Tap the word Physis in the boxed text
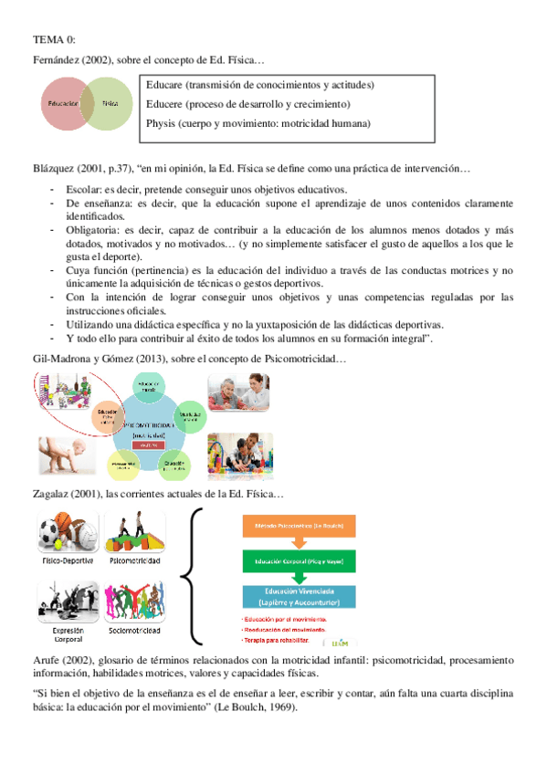162,123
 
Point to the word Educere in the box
166,104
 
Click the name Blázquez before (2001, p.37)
57,169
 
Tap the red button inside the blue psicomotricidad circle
147,444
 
